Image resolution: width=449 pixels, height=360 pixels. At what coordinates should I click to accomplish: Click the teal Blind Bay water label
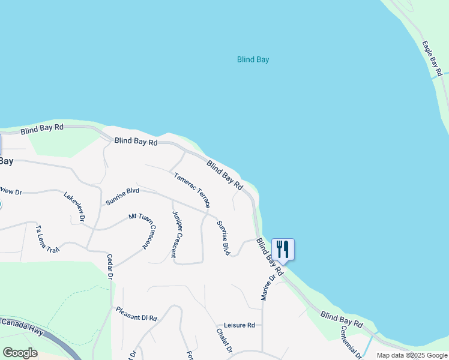(x=253, y=59)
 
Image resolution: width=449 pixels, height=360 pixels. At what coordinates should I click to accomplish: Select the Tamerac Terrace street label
(x=192, y=191)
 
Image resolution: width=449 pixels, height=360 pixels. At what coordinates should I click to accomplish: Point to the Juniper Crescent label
(x=177, y=234)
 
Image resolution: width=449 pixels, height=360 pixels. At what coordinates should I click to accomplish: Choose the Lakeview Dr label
(x=74, y=206)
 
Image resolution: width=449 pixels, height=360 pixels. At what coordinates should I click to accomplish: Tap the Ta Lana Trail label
(x=48, y=239)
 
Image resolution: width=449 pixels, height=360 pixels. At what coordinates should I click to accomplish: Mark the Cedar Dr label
(x=110, y=266)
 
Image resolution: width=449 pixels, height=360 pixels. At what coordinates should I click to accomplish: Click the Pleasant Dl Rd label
(x=136, y=314)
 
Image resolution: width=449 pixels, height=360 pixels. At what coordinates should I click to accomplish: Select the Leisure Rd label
(x=240, y=325)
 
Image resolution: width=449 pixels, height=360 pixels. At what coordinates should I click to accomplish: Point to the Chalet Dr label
(x=224, y=340)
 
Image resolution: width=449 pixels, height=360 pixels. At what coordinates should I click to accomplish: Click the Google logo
(x=20, y=353)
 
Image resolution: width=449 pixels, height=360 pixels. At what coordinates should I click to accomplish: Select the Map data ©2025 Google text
(x=411, y=355)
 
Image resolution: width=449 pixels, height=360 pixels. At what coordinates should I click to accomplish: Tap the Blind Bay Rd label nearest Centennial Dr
(x=341, y=319)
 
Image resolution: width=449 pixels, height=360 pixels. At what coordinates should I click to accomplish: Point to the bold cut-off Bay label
(x=6, y=161)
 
